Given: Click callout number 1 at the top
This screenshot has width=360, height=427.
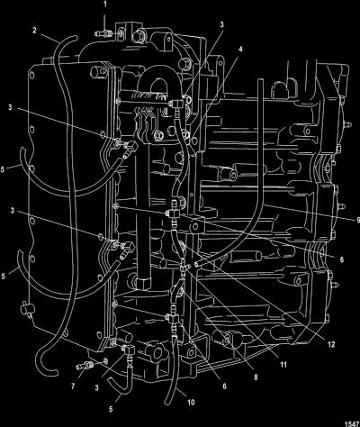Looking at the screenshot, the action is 104,5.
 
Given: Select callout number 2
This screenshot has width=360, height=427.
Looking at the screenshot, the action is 34,31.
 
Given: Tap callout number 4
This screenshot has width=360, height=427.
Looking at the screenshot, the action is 240,49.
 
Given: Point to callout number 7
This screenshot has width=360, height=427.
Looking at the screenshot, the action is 73,386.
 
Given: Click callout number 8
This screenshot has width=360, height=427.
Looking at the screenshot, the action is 256,377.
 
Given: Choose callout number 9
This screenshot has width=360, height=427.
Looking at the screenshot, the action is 357,220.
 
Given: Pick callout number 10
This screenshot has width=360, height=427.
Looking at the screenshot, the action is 191,403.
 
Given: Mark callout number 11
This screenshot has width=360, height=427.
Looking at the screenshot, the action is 283,365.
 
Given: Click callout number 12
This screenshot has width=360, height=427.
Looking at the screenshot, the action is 331,344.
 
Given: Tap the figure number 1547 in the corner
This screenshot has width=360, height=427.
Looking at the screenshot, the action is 353,423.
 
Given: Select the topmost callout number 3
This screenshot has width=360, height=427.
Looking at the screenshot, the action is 221,24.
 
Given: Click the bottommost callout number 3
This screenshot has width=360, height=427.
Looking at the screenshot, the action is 96,387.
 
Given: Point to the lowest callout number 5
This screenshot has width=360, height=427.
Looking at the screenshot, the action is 111,409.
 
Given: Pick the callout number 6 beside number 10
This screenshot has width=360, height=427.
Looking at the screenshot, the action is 224,386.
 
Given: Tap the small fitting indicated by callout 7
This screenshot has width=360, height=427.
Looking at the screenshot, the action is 85,366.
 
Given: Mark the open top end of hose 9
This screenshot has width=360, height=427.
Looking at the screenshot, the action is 260,80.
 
